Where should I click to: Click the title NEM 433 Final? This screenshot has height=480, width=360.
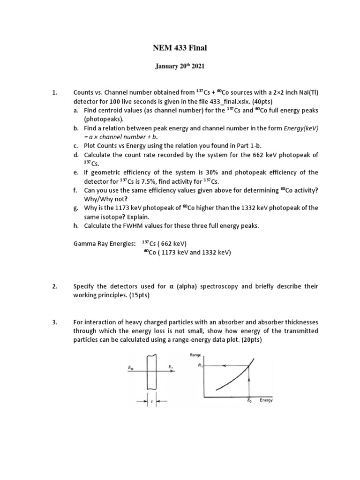click(x=180, y=47)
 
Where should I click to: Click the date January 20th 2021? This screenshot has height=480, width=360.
click(x=180, y=67)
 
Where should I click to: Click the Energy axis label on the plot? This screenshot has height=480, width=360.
click(x=266, y=401)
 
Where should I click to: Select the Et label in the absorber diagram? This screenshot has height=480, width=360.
click(x=169, y=367)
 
